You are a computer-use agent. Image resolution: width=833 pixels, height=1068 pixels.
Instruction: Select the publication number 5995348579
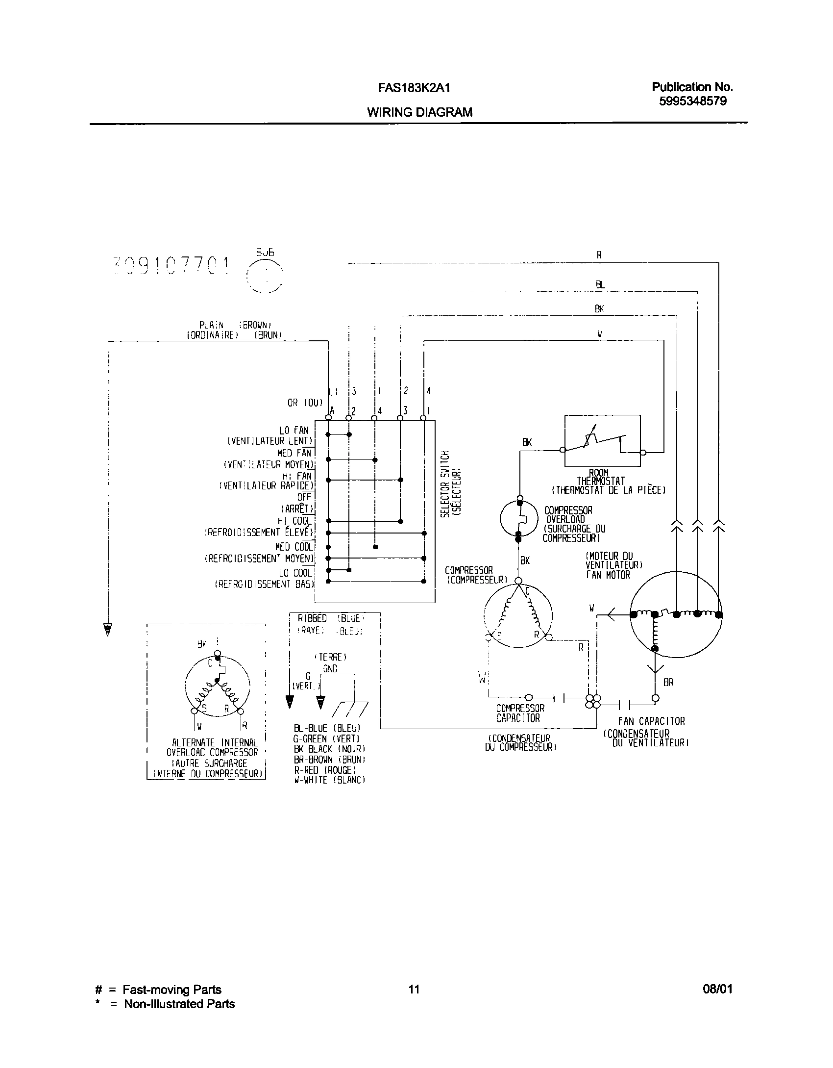[692, 101]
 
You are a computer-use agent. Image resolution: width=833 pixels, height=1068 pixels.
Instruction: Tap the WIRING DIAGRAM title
[420, 112]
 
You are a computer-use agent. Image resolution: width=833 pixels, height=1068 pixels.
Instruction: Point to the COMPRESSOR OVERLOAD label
[568, 515]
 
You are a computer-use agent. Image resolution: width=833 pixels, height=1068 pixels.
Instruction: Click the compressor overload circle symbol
[519, 518]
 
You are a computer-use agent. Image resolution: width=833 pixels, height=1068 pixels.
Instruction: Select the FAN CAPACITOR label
[651, 721]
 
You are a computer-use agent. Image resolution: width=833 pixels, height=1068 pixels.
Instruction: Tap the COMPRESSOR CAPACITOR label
[520, 713]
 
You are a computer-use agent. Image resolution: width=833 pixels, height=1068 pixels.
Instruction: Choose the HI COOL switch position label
[294, 521]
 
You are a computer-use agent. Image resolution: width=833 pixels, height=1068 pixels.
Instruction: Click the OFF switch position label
[304, 497]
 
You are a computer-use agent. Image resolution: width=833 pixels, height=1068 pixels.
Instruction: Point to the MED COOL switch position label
[293, 547]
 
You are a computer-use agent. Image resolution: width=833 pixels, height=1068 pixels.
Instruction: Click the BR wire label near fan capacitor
[668, 683]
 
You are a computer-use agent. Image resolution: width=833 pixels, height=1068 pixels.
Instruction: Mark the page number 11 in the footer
[414, 990]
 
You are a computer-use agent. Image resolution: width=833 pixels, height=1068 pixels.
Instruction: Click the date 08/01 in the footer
[717, 990]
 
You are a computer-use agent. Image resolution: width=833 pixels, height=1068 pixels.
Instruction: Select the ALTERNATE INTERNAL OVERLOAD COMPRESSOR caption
[212, 747]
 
